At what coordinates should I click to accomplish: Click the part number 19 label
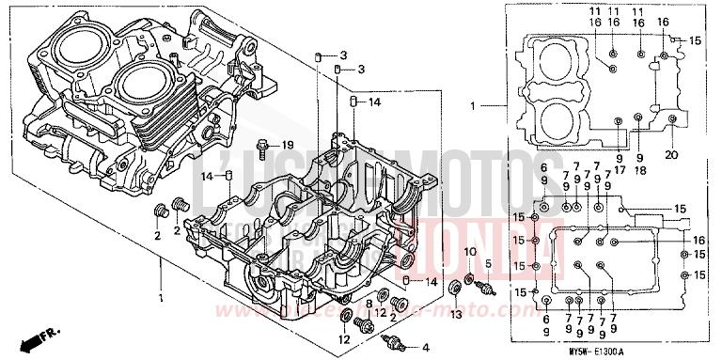289,144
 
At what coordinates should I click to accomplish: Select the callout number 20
670,155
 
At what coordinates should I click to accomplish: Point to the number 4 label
424,348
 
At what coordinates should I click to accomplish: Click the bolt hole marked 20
671,117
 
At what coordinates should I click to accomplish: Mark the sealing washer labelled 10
469,280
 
